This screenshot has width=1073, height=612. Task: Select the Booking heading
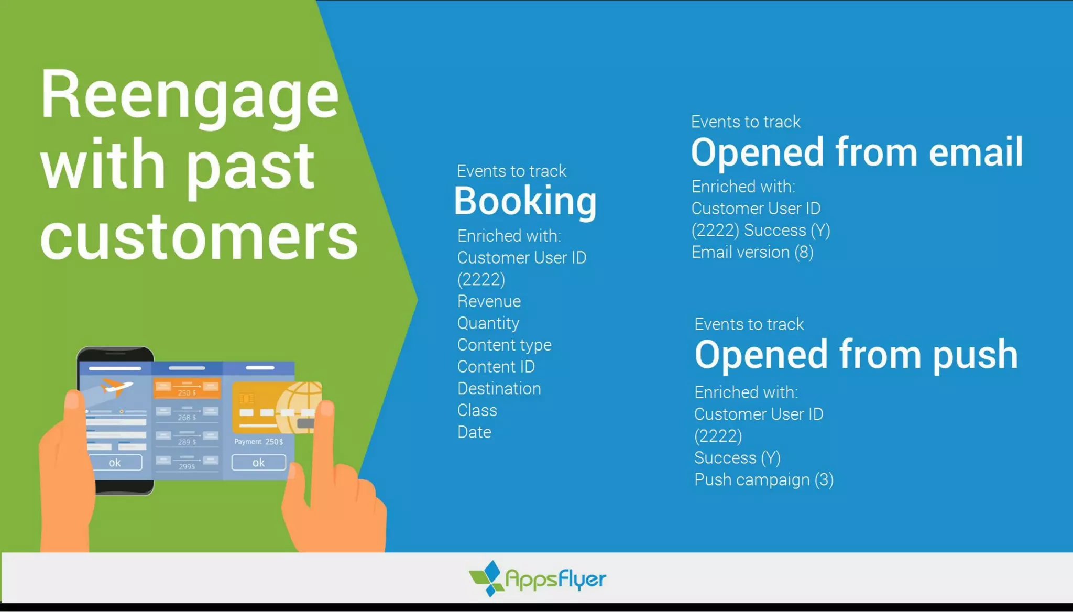[525, 201]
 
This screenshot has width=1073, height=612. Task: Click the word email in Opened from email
[976, 152]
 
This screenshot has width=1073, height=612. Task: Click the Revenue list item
[489, 301]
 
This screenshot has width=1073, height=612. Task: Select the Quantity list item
[488, 323]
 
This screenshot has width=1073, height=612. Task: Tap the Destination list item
[499, 389]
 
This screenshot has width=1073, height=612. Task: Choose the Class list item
[477, 410]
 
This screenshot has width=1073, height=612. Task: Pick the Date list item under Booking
[474, 432]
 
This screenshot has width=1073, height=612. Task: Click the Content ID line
[496, 367]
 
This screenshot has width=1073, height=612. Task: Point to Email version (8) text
[752, 253]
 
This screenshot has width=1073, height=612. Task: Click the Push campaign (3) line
[763, 480]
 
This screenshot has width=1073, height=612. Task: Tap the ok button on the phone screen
[115, 463]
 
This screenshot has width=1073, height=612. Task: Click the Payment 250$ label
[258, 442]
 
